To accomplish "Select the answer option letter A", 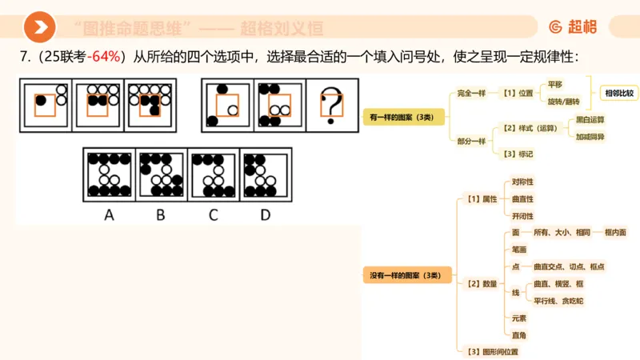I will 109,214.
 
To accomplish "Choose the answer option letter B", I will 161,214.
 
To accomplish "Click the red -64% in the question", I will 104,57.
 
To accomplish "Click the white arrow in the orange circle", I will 39,28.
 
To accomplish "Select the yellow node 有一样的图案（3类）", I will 401,117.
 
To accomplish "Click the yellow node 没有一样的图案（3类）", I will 401,275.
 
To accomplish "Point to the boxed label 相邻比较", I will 618,93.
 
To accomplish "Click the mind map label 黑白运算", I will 590,120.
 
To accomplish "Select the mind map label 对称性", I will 522,182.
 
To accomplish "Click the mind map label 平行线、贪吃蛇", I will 559,301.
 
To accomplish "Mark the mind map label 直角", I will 519,334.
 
